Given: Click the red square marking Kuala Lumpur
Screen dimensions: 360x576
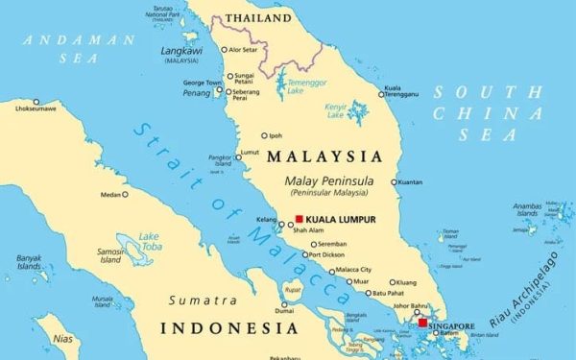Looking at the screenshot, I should point(300,219).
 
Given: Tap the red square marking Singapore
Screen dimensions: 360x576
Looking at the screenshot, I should point(422,324).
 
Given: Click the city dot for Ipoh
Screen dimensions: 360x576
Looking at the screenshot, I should point(265,135).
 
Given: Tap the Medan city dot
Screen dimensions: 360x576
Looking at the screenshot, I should point(125,195).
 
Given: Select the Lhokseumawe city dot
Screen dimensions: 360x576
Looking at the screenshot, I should point(36,101).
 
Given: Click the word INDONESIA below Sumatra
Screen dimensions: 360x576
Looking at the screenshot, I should point(228,328).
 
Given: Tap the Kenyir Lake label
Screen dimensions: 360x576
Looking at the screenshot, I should point(336,110).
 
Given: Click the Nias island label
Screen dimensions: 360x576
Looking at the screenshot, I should point(62,338).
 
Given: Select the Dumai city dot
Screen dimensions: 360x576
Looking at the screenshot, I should point(283,300).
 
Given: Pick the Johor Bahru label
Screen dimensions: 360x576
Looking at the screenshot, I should point(412,308).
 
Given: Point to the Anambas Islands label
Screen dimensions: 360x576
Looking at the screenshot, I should point(527,209).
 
